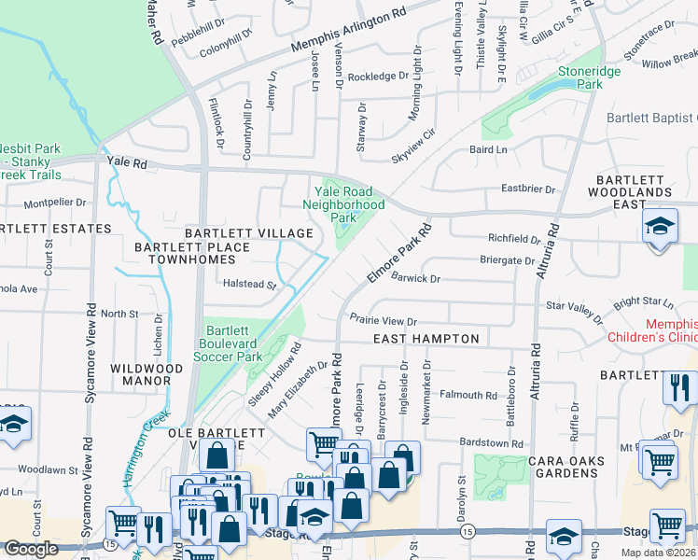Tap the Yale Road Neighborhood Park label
coord(344,204)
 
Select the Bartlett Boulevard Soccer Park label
coord(234,343)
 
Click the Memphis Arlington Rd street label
coord(348,33)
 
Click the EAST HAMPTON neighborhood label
coord(426,339)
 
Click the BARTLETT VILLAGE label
coord(248,232)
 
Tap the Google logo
coord(31,548)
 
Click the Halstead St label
coord(249,285)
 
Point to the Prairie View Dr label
coord(383,318)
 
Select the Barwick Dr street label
coord(415,278)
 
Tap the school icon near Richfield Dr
coord(659,227)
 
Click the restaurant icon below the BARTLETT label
coord(679,385)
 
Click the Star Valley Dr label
coord(574,305)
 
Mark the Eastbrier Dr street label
coord(527,189)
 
